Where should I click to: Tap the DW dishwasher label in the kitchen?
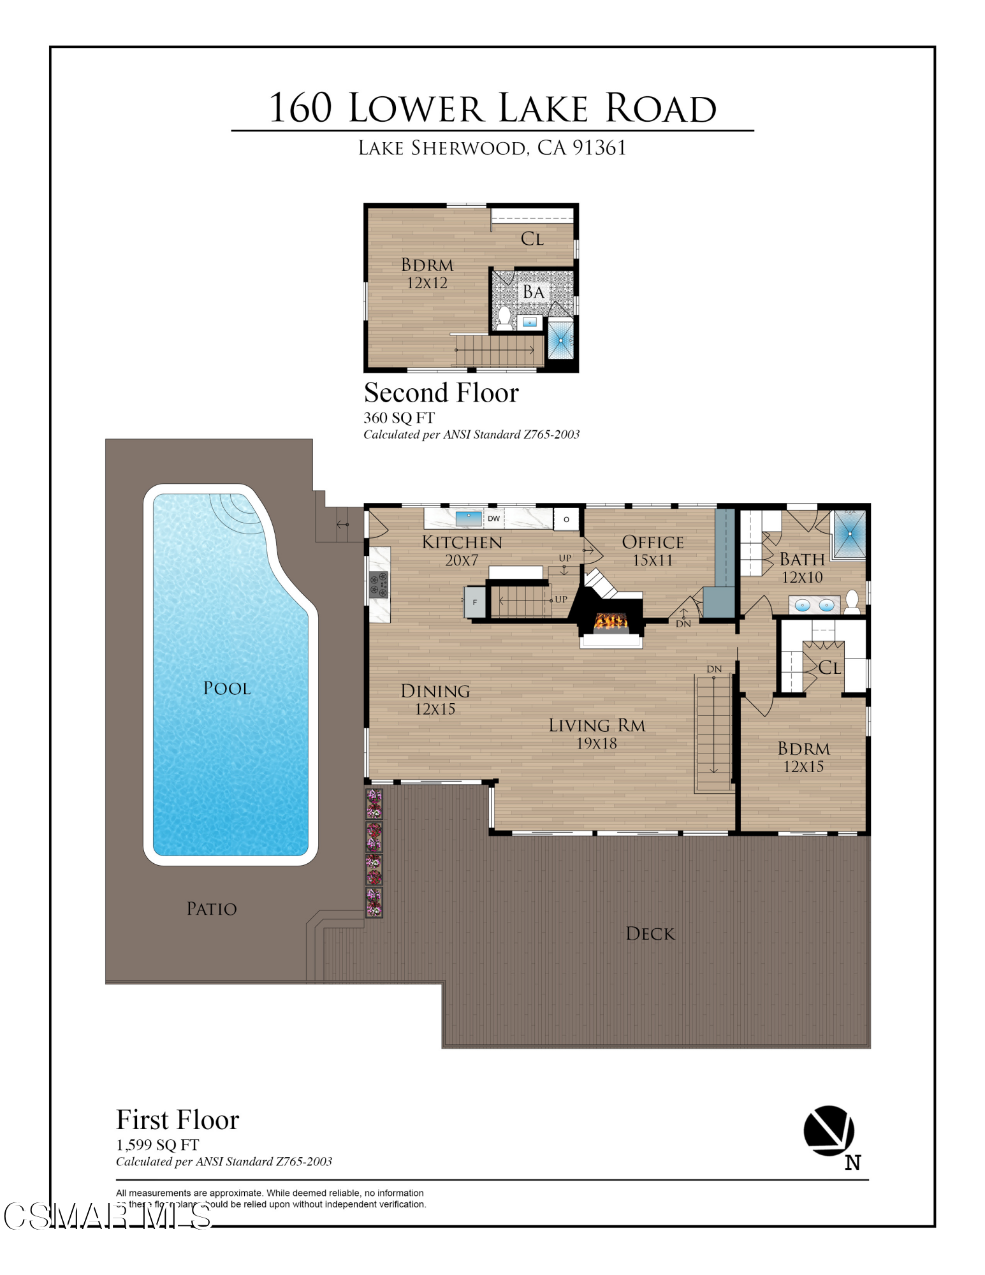493,518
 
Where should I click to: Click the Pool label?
227,688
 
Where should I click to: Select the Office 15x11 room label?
652,551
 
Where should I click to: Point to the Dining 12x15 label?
435,699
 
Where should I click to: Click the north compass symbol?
829,1132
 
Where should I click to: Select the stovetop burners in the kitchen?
379,585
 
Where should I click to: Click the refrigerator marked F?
475,602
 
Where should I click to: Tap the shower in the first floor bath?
850,533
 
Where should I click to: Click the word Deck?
650,934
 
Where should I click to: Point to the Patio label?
211,909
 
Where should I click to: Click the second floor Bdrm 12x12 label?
427,273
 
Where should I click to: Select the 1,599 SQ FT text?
157,1145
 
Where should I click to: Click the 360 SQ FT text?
399,418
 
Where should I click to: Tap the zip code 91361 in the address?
599,148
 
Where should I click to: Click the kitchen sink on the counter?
469,518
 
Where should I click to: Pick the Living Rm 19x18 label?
597,734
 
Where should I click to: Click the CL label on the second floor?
532,239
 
